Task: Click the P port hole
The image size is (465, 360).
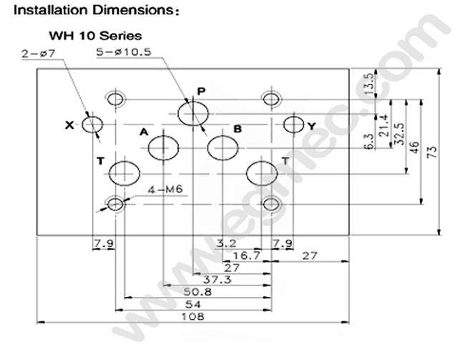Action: click(194, 115)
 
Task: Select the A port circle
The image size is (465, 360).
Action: click(164, 149)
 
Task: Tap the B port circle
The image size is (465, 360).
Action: click(222, 149)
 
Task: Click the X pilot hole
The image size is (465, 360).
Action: click(92, 125)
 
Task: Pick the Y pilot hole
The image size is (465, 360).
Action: click(293, 125)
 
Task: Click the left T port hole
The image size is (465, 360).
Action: click(124, 172)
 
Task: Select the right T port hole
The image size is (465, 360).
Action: click(261, 172)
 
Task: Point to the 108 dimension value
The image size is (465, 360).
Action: click(193, 316)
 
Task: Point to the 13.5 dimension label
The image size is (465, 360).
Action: click(369, 82)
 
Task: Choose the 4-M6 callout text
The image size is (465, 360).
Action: click(166, 190)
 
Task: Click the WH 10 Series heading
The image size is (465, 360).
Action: click(94, 34)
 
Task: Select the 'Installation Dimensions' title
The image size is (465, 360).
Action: click(87, 11)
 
